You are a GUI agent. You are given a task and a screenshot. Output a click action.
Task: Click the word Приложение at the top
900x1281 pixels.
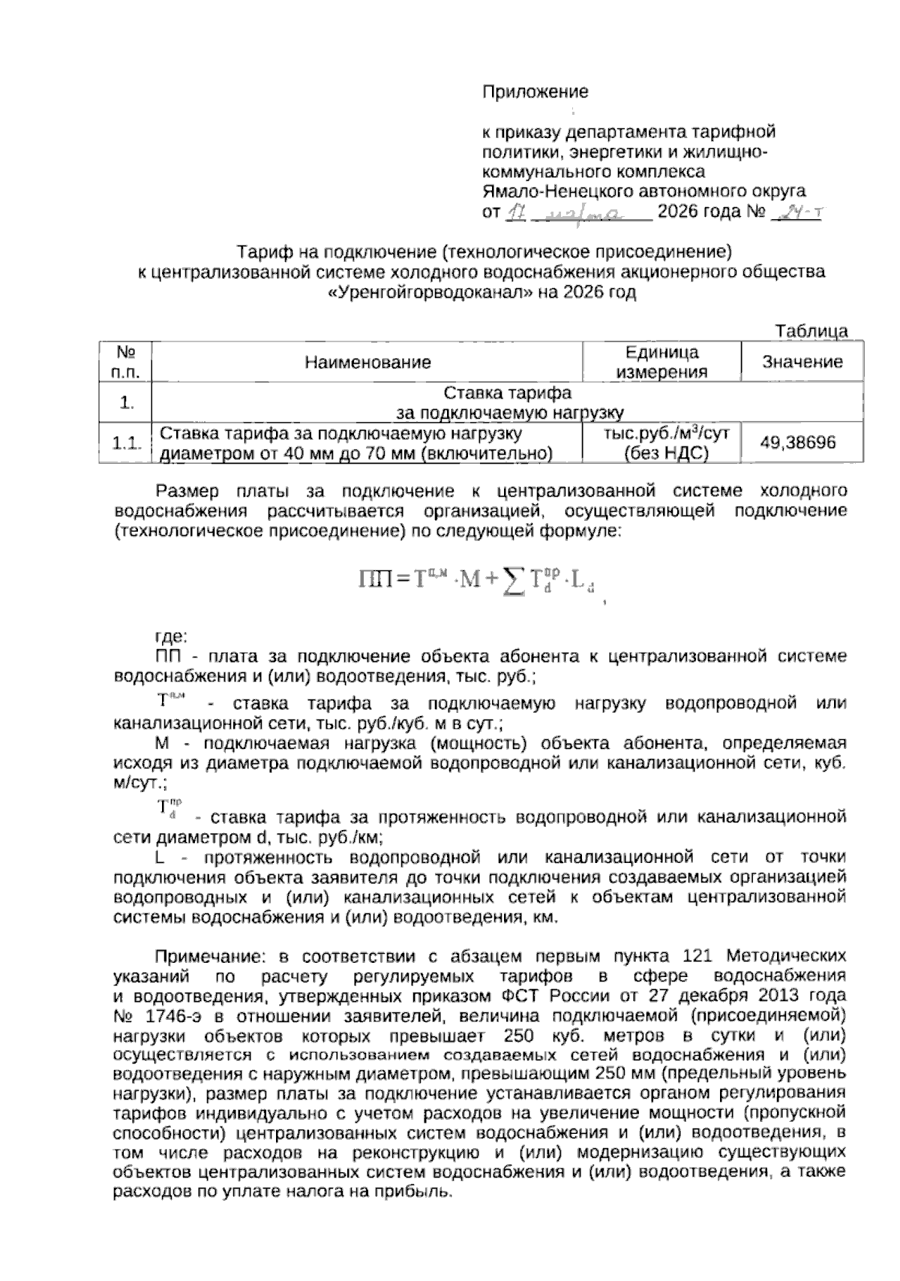coord(534,92)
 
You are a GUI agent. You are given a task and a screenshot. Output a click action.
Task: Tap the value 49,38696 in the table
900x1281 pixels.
coord(798,443)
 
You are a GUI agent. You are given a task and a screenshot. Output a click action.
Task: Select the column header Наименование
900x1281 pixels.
coord(367,362)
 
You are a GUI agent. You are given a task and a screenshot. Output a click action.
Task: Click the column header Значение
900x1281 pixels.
coord(802,362)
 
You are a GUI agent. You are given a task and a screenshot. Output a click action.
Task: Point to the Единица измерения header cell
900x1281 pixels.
coord(661,362)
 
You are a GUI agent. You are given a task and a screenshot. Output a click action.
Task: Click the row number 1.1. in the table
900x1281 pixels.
coord(126,444)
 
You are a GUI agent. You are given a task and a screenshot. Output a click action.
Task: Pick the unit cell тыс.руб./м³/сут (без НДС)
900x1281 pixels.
coord(661,443)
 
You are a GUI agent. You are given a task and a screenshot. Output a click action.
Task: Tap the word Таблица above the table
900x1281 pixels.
coord(811,331)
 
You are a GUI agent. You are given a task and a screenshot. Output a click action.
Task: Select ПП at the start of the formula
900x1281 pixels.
coord(373,579)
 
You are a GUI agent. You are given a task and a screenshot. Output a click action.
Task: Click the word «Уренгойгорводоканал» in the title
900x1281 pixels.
coord(430,293)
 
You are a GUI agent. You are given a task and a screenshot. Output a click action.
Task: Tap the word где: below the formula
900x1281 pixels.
coord(170,637)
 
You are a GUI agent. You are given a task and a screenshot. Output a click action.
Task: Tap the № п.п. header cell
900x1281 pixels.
coord(126,362)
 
